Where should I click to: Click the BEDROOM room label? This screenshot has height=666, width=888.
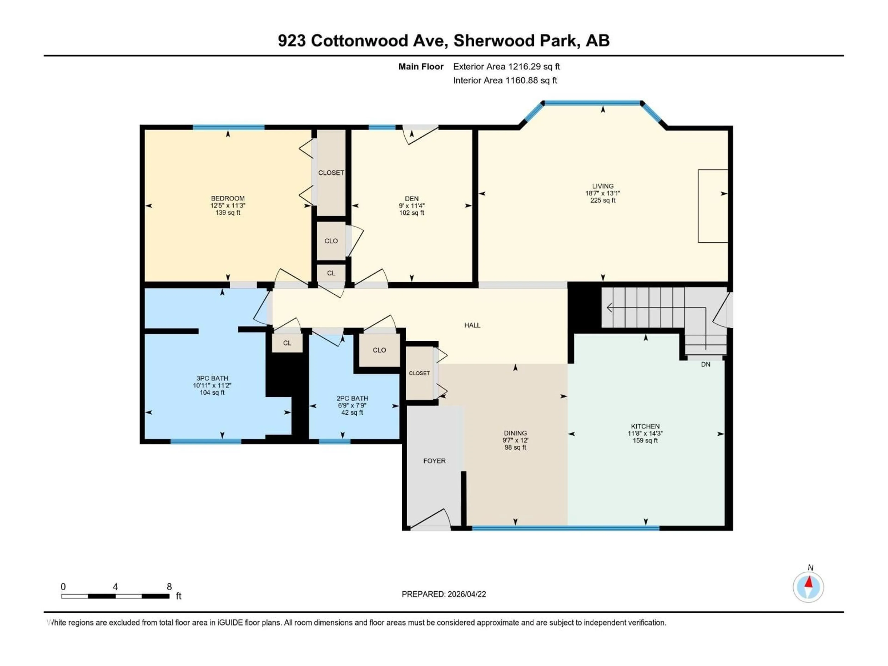pyautogui.click(x=228, y=198)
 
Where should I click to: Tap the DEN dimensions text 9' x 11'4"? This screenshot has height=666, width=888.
pyautogui.click(x=411, y=206)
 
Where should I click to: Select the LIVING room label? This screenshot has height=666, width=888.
pyautogui.click(x=603, y=186)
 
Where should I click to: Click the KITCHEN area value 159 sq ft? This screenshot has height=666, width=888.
pyautogui.click(x=645, y=440)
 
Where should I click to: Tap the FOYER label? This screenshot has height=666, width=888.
pyautogui.click(x=434, y=461)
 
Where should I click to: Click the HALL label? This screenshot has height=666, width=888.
pyautogui.click(x=472, y=325)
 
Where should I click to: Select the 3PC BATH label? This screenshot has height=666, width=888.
pyautogui.click(x=212, y=378)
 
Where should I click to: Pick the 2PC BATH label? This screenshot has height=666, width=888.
pyautogui.click(x=352, y=398)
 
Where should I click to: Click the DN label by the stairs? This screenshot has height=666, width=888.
pyautogui.click(x=705, y=364)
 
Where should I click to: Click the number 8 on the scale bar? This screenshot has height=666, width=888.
pyautogui.click(x=169, y=586)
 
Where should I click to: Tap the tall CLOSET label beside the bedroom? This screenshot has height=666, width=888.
pyautogui.click(x=331, y=173)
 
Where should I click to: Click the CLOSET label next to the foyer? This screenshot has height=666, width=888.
pyautogui.click(x=419, y=373)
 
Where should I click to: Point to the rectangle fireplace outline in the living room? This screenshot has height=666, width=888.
pyautogui.click(x=712, y=206)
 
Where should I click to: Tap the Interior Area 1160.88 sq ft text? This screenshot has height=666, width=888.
pyautogui.click(x=505, y=80)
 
